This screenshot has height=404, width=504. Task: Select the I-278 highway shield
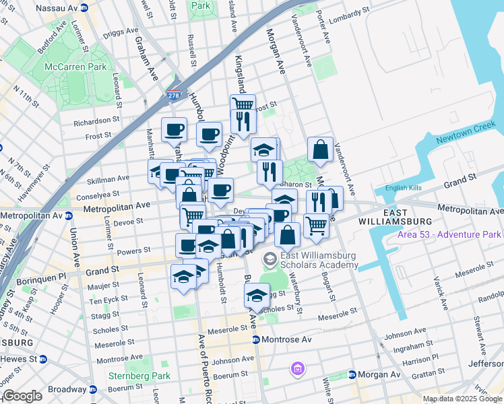point(174,95)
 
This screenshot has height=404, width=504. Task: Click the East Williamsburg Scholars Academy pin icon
point(270,259)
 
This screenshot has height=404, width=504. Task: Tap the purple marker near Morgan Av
point(297,368)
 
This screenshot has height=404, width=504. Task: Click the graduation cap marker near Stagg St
point(257,296)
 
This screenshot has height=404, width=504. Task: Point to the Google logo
point(23,396)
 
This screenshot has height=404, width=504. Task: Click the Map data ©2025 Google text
point(463,399)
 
